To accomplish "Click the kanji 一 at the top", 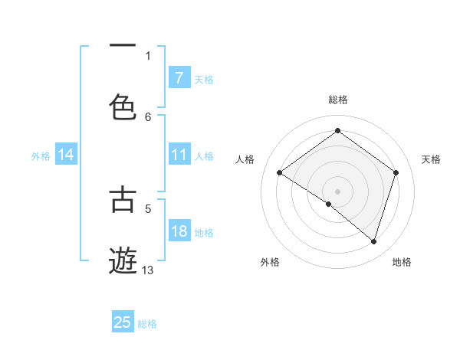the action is pos(123,46).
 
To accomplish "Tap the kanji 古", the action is pos(123,198).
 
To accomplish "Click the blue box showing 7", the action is pos(179,78).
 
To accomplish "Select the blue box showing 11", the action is pos(179,155).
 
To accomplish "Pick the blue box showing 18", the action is pos(179,231).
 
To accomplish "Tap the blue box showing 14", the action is pos(66,155).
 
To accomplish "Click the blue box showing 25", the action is pos(123,322).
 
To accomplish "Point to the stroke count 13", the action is pos(148,270).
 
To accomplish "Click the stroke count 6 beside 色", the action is pos(148,116).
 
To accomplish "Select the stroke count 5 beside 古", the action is pos(148,208).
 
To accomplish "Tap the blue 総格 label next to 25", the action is pos(148,324).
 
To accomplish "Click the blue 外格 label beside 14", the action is pos(41,156).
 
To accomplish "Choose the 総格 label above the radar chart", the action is pos(338,100).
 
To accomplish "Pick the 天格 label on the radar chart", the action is pos(431,159).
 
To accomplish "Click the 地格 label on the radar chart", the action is pos(402,262).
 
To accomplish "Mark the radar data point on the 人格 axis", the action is pos(280,173).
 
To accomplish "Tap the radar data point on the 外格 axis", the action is pos(329,205).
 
